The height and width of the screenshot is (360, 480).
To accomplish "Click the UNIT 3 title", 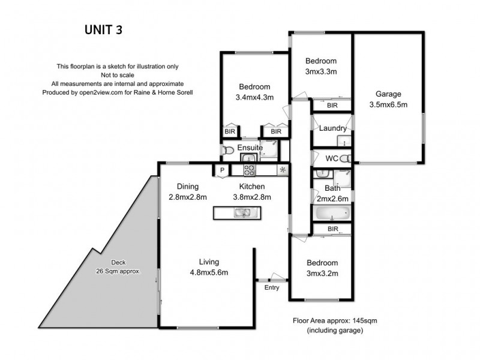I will coord(102,30).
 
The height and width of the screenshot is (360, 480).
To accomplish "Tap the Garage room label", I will coord(388,94).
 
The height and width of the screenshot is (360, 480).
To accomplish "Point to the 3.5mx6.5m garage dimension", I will coord(388,104).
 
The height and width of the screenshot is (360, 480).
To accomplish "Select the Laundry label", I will coord(332,128).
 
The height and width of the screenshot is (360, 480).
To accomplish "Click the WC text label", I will coord(331,159).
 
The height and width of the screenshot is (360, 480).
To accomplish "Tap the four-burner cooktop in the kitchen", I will coord(249,170).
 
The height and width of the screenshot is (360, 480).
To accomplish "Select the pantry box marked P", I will coord(221,170).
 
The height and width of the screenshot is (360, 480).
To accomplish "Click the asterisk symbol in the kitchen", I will coord(282,170).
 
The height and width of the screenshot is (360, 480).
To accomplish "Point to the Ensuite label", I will coord(249,148).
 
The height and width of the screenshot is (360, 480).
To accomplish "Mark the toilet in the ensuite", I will coord(227,151).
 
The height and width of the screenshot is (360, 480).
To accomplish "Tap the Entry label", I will coord(272,287).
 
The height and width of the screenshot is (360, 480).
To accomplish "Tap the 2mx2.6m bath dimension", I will coord(332,199).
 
